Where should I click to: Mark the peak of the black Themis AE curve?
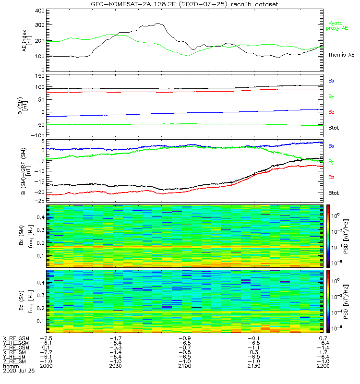(x=158, y=24)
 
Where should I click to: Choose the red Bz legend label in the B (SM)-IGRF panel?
(x=331, y=178)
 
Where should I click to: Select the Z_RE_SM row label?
(x=16, y=361)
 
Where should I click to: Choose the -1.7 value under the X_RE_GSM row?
(x=115, y=339)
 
